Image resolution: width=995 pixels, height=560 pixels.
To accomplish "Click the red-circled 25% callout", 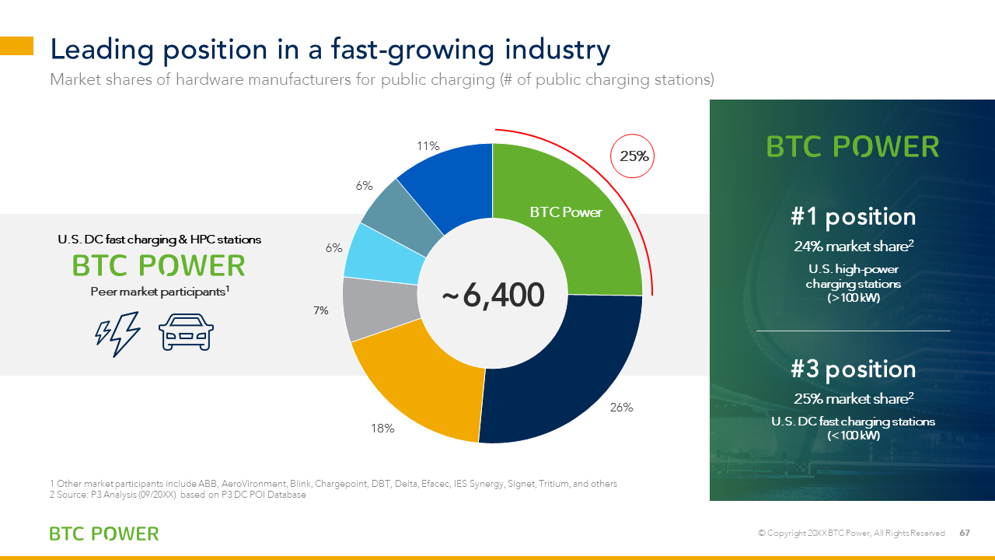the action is (633, 156).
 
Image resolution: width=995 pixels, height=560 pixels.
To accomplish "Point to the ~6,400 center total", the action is (493, 295).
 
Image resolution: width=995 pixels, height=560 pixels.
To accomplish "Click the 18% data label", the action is (382, 429).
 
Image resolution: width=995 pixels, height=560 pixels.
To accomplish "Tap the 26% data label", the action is (621, 407).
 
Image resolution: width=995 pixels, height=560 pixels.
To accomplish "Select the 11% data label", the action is (428, 145).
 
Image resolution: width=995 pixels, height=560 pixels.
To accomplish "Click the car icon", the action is (186, 332).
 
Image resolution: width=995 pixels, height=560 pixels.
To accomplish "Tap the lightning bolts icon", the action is (117, 334).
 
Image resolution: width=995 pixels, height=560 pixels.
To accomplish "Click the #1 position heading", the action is (853, 217).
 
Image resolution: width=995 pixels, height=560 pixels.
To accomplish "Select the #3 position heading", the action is (853, 369).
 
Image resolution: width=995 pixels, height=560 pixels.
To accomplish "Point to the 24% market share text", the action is (854, 247).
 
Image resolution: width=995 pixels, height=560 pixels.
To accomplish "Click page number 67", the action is (965, 533).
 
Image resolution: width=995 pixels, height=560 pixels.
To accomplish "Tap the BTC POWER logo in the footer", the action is (104, 534).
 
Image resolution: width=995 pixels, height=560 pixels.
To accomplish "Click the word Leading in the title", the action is (102, 50).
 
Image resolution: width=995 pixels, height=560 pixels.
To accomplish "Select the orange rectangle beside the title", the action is (16, 46).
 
